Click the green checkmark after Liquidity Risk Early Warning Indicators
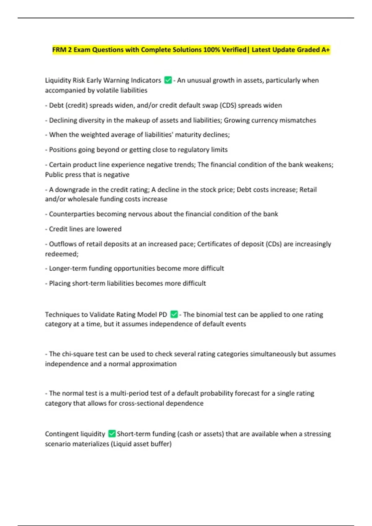168,80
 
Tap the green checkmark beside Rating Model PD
174,314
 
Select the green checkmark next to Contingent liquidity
112,434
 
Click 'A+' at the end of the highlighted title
325,50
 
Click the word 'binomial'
209,315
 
